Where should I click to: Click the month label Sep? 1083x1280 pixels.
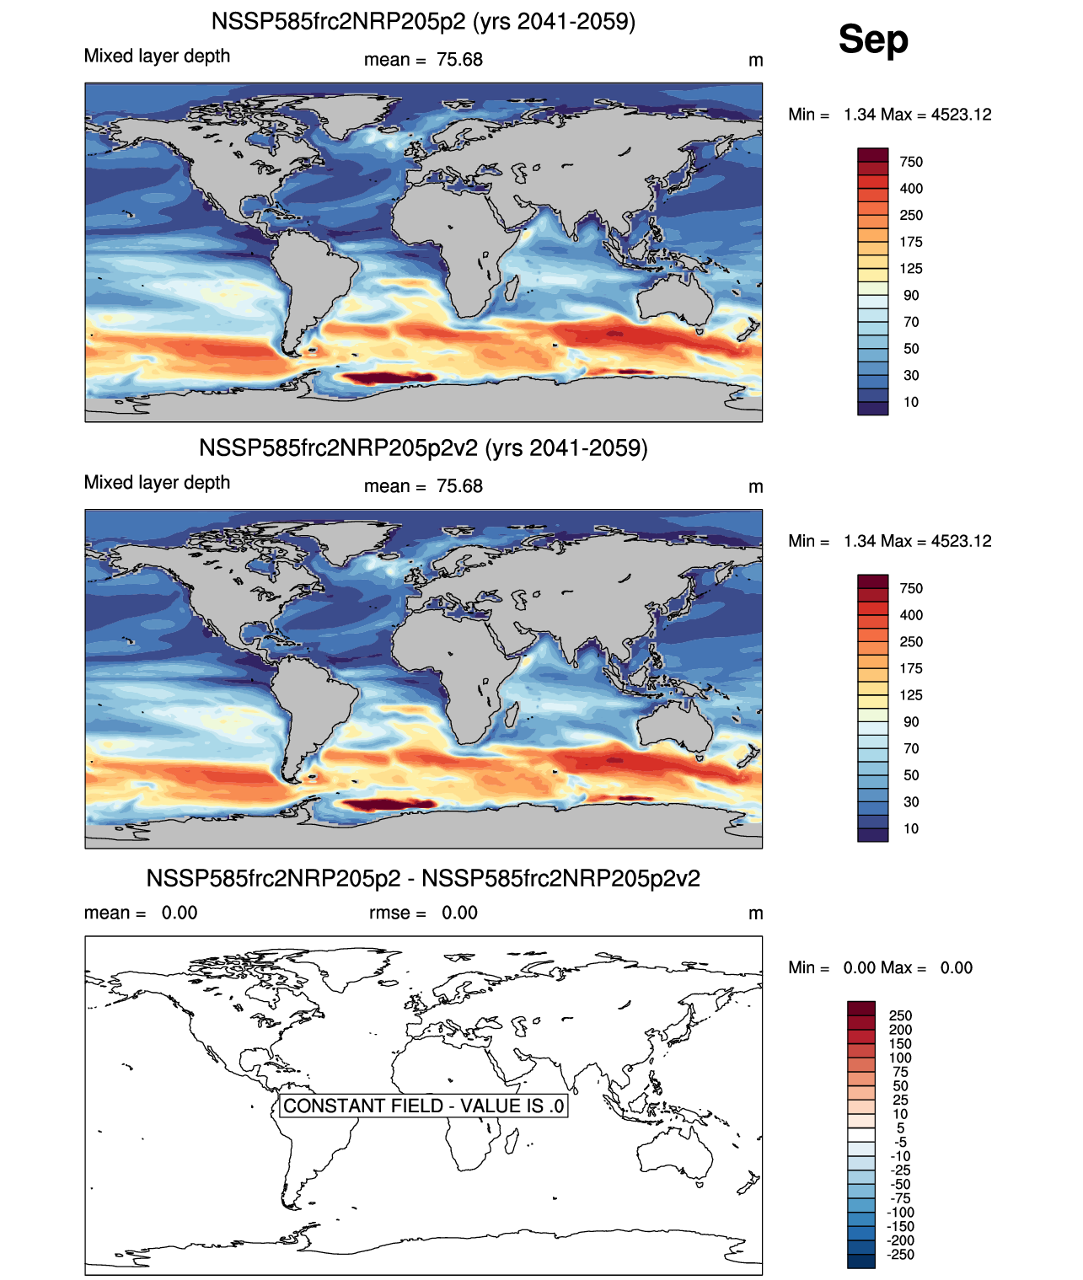coord(873,40)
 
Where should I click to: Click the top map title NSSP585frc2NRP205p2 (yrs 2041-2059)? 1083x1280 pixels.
coord(423,21)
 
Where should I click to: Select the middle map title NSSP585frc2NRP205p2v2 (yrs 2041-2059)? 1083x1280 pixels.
coord(423,447)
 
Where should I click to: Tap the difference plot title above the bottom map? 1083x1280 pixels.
coord(423,878)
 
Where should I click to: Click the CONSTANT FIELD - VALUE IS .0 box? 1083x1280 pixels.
coord(423,1106)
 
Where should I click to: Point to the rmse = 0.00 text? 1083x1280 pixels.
coord(423,913)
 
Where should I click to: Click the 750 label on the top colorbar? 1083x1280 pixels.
coord(911,162)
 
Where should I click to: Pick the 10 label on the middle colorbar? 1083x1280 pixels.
coord(911,828)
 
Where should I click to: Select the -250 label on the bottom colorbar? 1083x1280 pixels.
coord(901,1254)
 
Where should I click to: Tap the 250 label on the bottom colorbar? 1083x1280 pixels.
coord(900,1015)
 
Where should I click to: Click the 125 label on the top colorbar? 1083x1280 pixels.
coord(911,269)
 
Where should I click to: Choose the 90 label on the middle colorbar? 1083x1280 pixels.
coord(911,722)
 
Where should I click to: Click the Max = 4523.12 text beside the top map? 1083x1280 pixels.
coord(936,115)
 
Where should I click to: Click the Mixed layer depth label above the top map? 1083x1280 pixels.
coord(157,56)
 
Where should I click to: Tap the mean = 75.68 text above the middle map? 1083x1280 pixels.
coord(423,486)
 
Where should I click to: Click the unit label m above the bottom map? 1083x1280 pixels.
coord(756,913)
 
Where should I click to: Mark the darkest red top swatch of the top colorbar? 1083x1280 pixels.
coord(872,155)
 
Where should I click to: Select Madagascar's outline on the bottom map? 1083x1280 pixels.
coord(512,1138)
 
